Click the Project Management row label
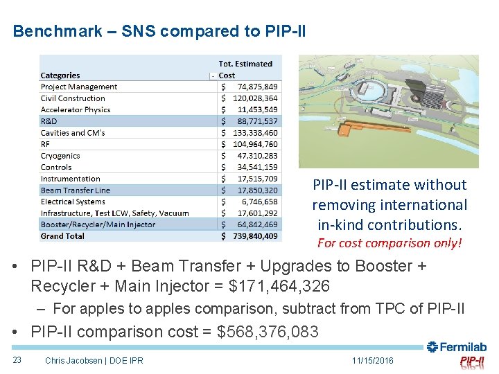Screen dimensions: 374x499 [x=79, y=87]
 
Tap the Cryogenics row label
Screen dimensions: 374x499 [x=60, y=156]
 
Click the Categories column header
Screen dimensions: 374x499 [x=60, y=75]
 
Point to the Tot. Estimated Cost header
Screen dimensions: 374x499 [x=245, y=69]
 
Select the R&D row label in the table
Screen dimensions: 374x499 [x=49, y=121]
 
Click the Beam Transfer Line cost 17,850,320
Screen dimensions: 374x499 [x=256, y=190]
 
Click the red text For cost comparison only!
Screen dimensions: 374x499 [x=389, y=243]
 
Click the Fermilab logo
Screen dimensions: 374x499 [x=457, y=347]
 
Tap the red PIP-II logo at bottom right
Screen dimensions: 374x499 [x=473, y=362]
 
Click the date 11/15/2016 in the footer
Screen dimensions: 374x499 [x=372, y=361]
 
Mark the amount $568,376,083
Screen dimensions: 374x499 [x=268, y=332]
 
